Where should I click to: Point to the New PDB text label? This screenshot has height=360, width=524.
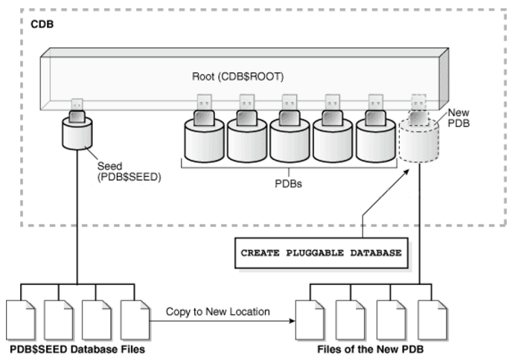(x=458, y=118)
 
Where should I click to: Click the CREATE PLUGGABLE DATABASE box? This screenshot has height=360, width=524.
(x=321, y=253)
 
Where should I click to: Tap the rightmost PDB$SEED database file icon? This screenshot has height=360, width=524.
(x=132, y=318)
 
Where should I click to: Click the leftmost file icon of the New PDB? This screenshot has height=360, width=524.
(x=307, y=318)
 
